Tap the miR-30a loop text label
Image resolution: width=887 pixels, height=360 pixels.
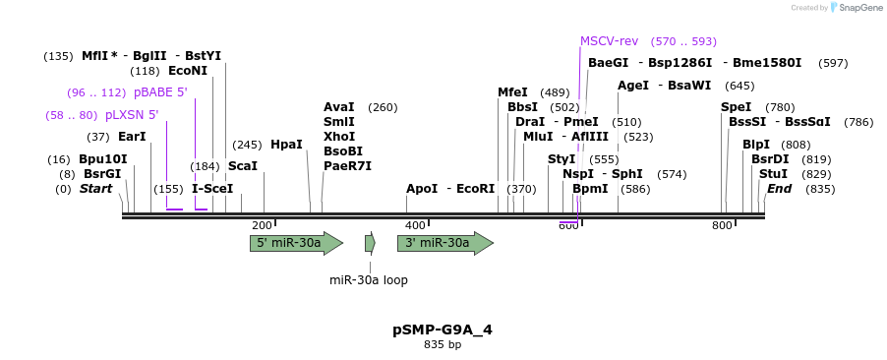tap(368, 280)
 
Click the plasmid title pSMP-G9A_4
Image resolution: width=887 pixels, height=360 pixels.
tap(442, 330)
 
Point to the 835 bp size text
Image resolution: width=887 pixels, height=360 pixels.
tap(442, 345)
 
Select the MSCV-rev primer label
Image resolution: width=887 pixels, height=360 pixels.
tap(609, 41)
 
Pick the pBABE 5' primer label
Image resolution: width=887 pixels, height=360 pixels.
tap(160, 92)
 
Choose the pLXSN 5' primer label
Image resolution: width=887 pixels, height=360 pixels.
tap(132, 115)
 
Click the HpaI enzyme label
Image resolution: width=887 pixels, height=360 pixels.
tap(286, 145)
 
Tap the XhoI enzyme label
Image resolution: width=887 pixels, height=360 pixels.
tap(339, 137)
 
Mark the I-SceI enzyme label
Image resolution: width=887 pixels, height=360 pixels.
tap(212, 189)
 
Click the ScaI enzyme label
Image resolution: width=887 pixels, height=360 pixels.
tap(243, 166)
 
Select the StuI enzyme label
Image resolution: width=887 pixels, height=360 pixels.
tap(773, 174)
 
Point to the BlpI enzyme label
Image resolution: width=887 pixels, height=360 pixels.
tap(756, 145)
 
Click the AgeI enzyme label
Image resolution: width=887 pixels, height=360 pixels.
tap(633, 86)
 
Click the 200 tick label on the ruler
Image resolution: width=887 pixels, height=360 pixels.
tap(262, 226)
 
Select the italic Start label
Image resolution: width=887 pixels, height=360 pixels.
tap(96, 189)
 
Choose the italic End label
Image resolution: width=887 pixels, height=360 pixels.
tap(779, 189)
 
